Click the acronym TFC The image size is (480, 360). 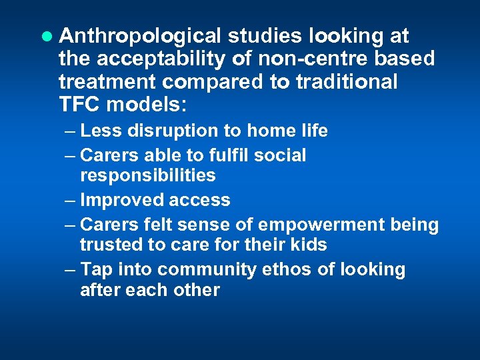click(81, 105)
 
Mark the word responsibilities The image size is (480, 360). click(147, 175)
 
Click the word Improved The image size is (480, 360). click(117, 200)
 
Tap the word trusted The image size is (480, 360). click(109, 245)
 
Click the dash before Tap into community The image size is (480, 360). click(71, 269)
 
